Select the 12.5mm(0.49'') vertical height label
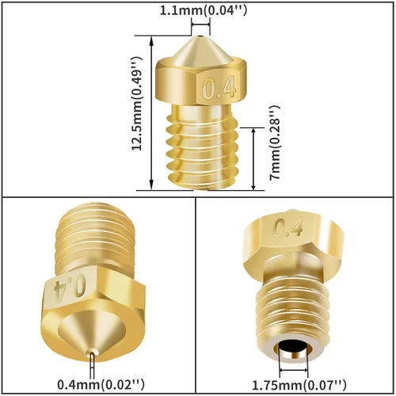coord(136,103)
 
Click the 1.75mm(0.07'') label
coord(299,385)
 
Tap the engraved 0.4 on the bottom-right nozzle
coord(288,229)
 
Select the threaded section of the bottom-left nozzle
coord(91,238)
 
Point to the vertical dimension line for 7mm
coord(253,158)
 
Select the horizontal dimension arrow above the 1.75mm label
coord(298,369)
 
